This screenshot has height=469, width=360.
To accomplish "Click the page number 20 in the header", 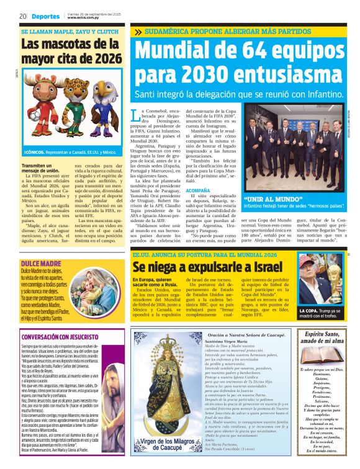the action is click(x=22, y=16).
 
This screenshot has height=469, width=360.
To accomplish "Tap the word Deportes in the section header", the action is click(x=47, y=16).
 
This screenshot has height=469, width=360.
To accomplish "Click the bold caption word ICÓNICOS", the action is click(x=36, y=151).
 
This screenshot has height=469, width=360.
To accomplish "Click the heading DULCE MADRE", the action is click(x=37, y=247).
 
